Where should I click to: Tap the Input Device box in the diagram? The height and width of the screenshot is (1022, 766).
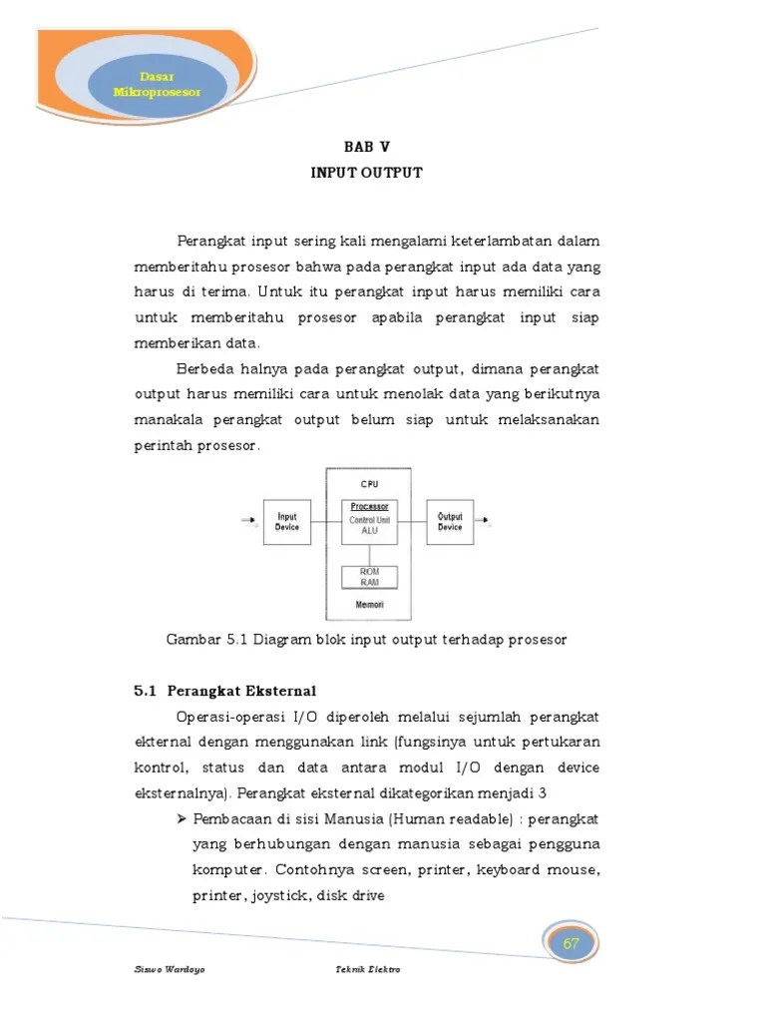287,522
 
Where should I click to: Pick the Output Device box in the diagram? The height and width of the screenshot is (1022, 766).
450,522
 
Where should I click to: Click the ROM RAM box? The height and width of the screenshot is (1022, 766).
369,577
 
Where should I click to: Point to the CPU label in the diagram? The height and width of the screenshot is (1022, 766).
369,484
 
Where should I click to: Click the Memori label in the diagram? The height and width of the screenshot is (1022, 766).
369,605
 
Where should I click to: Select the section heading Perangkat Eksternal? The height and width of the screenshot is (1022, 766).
241,690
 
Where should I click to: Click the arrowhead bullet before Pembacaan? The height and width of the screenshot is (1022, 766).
182,818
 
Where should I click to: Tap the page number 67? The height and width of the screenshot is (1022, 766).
572,944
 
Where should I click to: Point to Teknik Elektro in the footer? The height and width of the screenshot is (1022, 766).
368,970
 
